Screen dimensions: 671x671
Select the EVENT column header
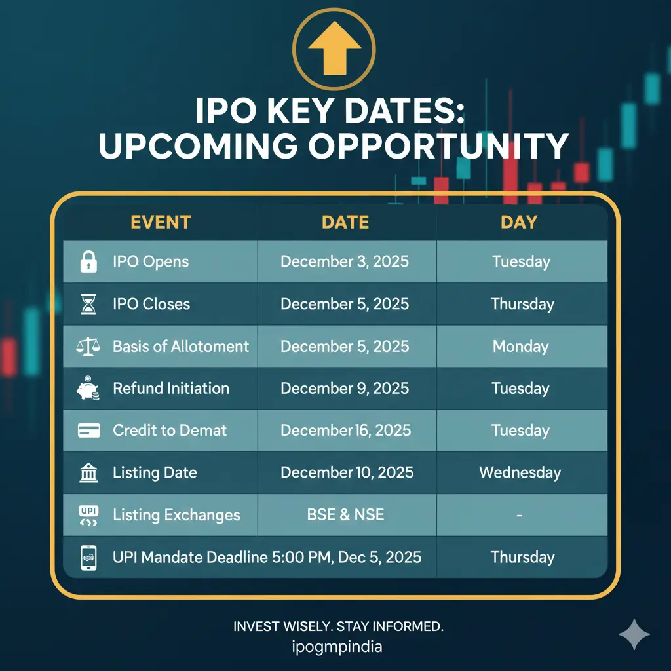click(x=161, y=222)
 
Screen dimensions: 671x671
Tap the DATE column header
click(x=345, y=222)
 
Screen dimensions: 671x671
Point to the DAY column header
click(x=519, y=222)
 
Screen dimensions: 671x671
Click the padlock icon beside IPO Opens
click(x=88, y=261)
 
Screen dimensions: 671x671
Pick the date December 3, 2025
click(x=345, y=261)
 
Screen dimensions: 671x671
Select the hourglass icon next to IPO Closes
click(x=88, y=304)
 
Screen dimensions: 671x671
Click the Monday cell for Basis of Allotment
click(x=521, y=346)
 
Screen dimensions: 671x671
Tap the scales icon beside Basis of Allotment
click(x=88, y=346)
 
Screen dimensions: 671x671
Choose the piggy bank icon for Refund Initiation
click(x=88, y=389)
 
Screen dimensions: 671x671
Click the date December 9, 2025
click(x=345, y=388)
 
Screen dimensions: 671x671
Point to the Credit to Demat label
click(x=170, y=431)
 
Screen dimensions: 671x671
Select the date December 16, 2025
click(x=345, y=431)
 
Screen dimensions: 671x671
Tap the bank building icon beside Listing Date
click(x=88, y=473)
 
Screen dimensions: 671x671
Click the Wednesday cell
click(x=520, y=472)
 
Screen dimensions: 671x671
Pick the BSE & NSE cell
click(x=345, y=514)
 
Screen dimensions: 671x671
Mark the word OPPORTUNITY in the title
click(x=438, y=147)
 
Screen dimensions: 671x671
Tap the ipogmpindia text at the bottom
click(x=337, y=647)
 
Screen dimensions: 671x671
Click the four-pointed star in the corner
click(x=634, y=634)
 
